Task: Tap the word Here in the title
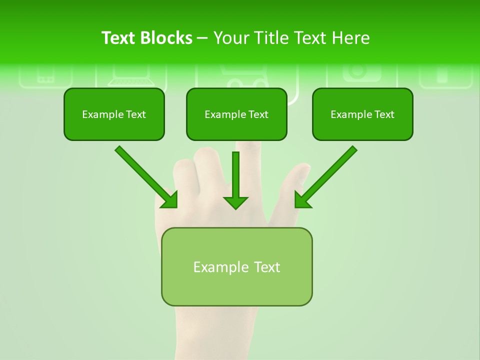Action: click(349, 38)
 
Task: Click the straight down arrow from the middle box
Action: click(235, 175)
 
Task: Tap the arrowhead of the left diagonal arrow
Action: click(170, 200)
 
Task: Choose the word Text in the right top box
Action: click(384, 114)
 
